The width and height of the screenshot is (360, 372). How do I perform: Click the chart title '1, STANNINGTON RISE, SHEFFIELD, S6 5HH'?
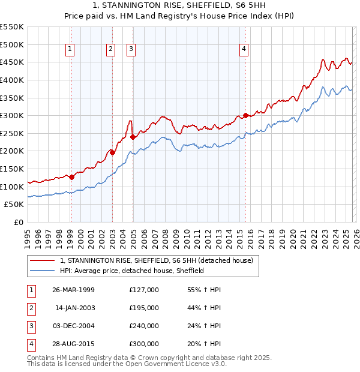pyautogui.click(x=179, y=7)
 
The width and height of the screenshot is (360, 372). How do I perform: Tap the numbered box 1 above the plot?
pyautogui.click(x=71, y=50)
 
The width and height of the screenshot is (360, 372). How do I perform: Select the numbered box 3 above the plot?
pyautogui.click(x=131, y=50)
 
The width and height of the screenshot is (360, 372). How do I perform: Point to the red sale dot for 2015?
pyautogui.click(x=245, y=115)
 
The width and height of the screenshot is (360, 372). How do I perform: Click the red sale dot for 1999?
pyautogui.click(x=71, y=177)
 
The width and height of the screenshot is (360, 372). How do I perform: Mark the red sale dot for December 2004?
pyautogui.click(x=133, y=137)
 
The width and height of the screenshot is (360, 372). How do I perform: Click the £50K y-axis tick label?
pyautogui.click(x=14, y=205)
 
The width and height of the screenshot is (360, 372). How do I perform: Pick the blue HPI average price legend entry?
pyautogui.click(x=132, y=271)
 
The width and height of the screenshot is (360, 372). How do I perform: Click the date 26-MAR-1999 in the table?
pyautogui.click(x=73, y=290)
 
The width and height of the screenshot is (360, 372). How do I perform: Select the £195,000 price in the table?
pyautogui.click(x=144, y=308)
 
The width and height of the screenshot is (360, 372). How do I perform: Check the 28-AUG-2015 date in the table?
pyautogui.click(x=73, y=344)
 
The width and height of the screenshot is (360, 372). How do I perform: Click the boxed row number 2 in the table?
pyautogui.click(x=31, y=308)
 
